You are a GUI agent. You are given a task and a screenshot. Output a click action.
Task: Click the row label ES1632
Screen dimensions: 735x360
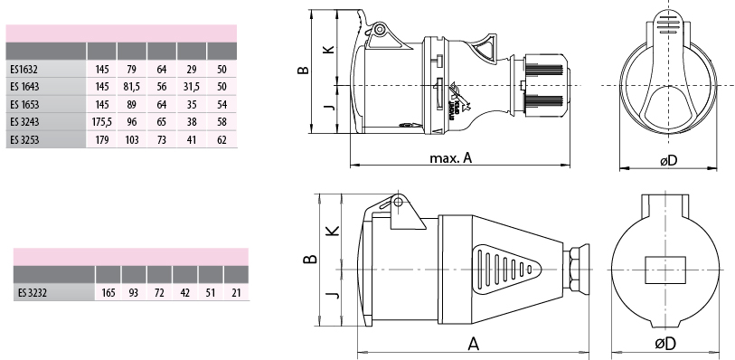(x=24, y=70)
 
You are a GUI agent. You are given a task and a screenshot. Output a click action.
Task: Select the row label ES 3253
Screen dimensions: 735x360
(x=24, y=139)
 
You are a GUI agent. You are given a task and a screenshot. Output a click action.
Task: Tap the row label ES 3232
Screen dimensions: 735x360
(x=33, y=293)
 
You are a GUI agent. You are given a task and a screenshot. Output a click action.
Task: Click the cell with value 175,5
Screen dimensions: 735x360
(x=102, y=122)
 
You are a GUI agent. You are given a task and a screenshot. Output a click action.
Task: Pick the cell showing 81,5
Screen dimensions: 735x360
(x=132, y=87)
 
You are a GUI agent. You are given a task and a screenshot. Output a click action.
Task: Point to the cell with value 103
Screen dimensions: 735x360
(x=132, y=139)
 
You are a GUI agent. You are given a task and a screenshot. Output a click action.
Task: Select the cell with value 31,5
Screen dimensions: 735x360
(x=192, y=87)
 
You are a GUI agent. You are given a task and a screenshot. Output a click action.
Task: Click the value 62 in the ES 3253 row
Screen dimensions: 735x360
(x=221, y=139)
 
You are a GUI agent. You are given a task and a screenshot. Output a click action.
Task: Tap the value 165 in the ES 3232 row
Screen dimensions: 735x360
(x=108, y=293)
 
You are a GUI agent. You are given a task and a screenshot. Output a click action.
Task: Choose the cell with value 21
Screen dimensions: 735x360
(x=236, y=293)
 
